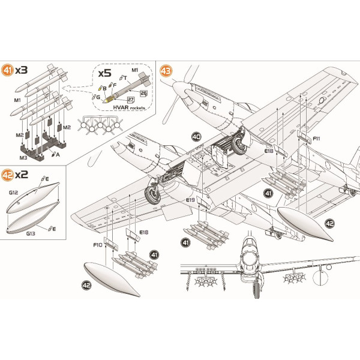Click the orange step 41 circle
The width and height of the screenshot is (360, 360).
pos(8,70)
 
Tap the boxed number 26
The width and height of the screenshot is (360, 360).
pos(143,93)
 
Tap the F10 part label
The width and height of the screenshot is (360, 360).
pos(97,245)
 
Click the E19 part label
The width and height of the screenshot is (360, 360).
pos(190,199)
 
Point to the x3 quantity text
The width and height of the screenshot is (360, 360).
pos(21,70)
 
